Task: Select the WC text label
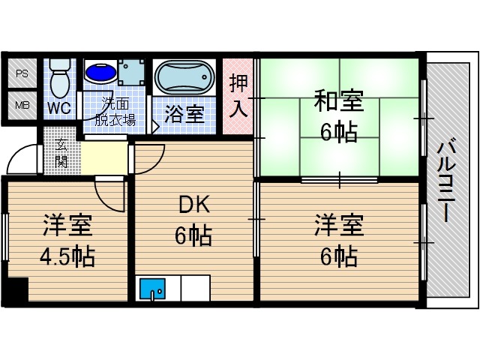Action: pos(60,107)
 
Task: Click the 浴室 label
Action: pos(184,115)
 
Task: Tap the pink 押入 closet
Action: pos(238,96)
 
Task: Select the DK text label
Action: pos(193,205)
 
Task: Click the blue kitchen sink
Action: pos(152,288)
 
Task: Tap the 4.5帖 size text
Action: pos(67,257)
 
